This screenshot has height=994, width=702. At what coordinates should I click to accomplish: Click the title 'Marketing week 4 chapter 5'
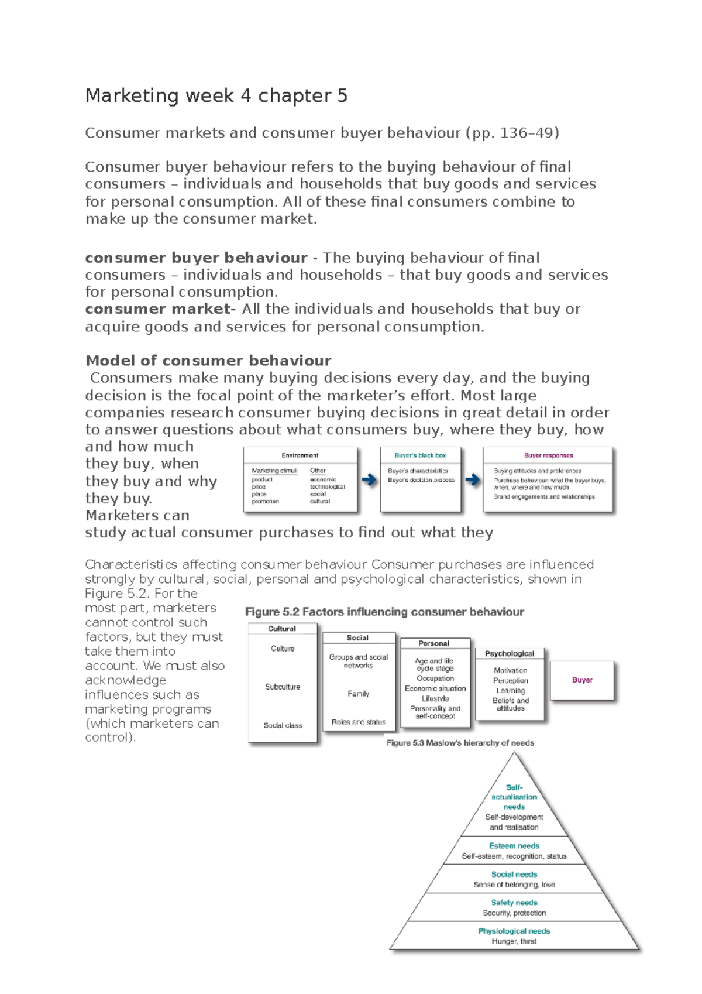point(216,95)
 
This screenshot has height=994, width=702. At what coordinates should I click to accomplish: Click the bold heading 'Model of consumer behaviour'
point(208,361)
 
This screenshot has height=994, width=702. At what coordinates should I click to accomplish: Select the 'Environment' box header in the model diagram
point(300,455)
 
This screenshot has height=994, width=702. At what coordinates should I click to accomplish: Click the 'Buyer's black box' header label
point(420,455)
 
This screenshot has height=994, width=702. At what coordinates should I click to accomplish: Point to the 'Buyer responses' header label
point(548,455)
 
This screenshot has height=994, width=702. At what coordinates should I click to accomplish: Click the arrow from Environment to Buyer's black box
point(369,480)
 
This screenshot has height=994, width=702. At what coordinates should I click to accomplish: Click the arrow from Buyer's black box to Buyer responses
point(473,480)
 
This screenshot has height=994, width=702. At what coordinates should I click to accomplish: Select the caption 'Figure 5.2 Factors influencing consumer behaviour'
point(384,612)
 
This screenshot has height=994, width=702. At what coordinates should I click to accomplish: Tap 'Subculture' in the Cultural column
point(283,687)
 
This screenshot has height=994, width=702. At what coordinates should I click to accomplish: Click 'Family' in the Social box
point(358,694)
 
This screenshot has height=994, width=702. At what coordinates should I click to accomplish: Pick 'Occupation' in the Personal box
point(435,678)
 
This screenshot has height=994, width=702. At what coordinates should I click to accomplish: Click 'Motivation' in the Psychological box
point(510,670)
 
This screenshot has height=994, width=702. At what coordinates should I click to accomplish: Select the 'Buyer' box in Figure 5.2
point(582,680)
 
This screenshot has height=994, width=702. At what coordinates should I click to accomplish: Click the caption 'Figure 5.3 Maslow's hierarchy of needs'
point(460,743)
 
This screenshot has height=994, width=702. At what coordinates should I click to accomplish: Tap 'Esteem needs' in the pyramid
point(514,846)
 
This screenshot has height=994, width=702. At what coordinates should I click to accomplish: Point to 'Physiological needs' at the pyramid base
point(514,931)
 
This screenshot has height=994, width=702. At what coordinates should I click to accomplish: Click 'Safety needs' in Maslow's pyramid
point(514,903)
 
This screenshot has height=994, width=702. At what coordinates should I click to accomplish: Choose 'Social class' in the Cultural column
point(283,725)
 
